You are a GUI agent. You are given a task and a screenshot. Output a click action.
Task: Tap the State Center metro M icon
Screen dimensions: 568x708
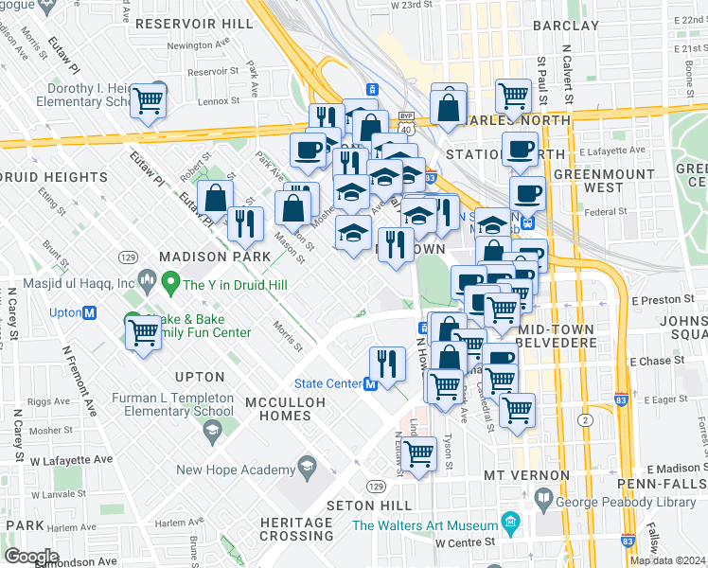pos(371,383)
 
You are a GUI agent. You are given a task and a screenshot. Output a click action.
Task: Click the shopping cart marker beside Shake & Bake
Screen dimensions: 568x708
pos(143,333)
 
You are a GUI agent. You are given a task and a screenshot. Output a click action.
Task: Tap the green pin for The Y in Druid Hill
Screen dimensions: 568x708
pos(170,282)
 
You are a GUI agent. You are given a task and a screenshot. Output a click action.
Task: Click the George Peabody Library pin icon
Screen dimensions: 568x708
pos(545,497)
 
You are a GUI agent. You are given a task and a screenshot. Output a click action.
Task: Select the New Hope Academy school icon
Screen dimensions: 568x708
pos(306,466)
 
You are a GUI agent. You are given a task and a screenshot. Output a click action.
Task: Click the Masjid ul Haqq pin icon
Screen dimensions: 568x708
pos(147,280)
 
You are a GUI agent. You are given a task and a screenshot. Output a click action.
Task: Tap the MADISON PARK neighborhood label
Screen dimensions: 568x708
pos(207,257)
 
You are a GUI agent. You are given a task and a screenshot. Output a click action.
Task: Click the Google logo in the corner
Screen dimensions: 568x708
pos(31,556)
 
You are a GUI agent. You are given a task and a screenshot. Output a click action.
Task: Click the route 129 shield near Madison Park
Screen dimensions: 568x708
pos(126,257)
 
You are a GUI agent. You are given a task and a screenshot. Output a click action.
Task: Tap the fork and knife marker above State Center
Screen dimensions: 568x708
pos(386,361)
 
